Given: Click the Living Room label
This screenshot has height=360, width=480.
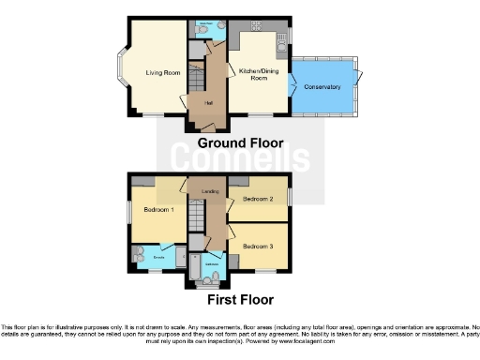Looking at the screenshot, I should click(162, 72).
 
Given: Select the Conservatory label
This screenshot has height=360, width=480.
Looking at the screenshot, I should click(322, 87).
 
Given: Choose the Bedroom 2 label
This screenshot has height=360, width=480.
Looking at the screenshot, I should click(257, 200).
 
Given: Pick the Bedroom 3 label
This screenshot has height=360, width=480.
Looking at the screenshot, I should click(257, 246).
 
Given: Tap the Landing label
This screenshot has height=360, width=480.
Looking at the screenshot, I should click(210, 192).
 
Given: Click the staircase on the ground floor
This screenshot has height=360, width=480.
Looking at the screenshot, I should click(196, 81).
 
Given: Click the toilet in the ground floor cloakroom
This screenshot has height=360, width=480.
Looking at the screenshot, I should click(203, 30).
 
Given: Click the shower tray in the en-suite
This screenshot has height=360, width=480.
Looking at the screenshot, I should click(139, 257).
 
